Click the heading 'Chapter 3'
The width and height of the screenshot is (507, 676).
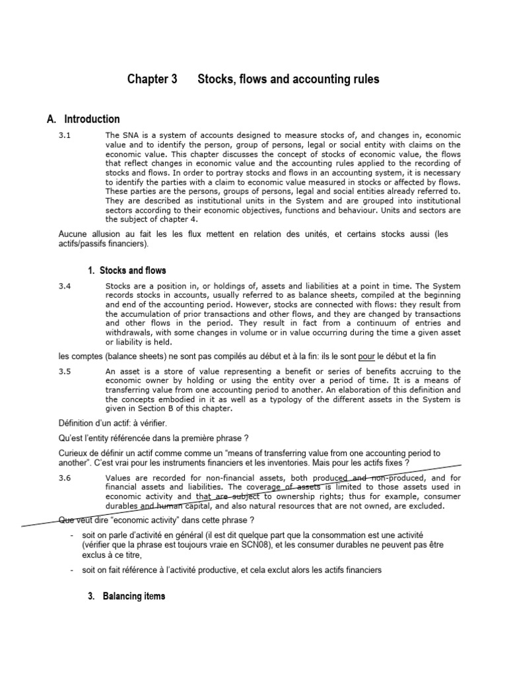[x=152, y=80]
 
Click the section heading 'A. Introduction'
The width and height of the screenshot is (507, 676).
[x=83, y=119]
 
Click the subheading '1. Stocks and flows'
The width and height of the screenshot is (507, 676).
[x=127, y=271]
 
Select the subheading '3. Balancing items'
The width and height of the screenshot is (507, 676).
[x=127, y=596]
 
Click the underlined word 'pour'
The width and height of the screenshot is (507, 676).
[x=366, y=357]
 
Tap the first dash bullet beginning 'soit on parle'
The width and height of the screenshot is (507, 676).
[x=71, y=534]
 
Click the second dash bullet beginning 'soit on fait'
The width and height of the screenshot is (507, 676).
[x=71, y=570]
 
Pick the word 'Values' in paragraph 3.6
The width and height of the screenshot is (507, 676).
[x=119, y=478]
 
